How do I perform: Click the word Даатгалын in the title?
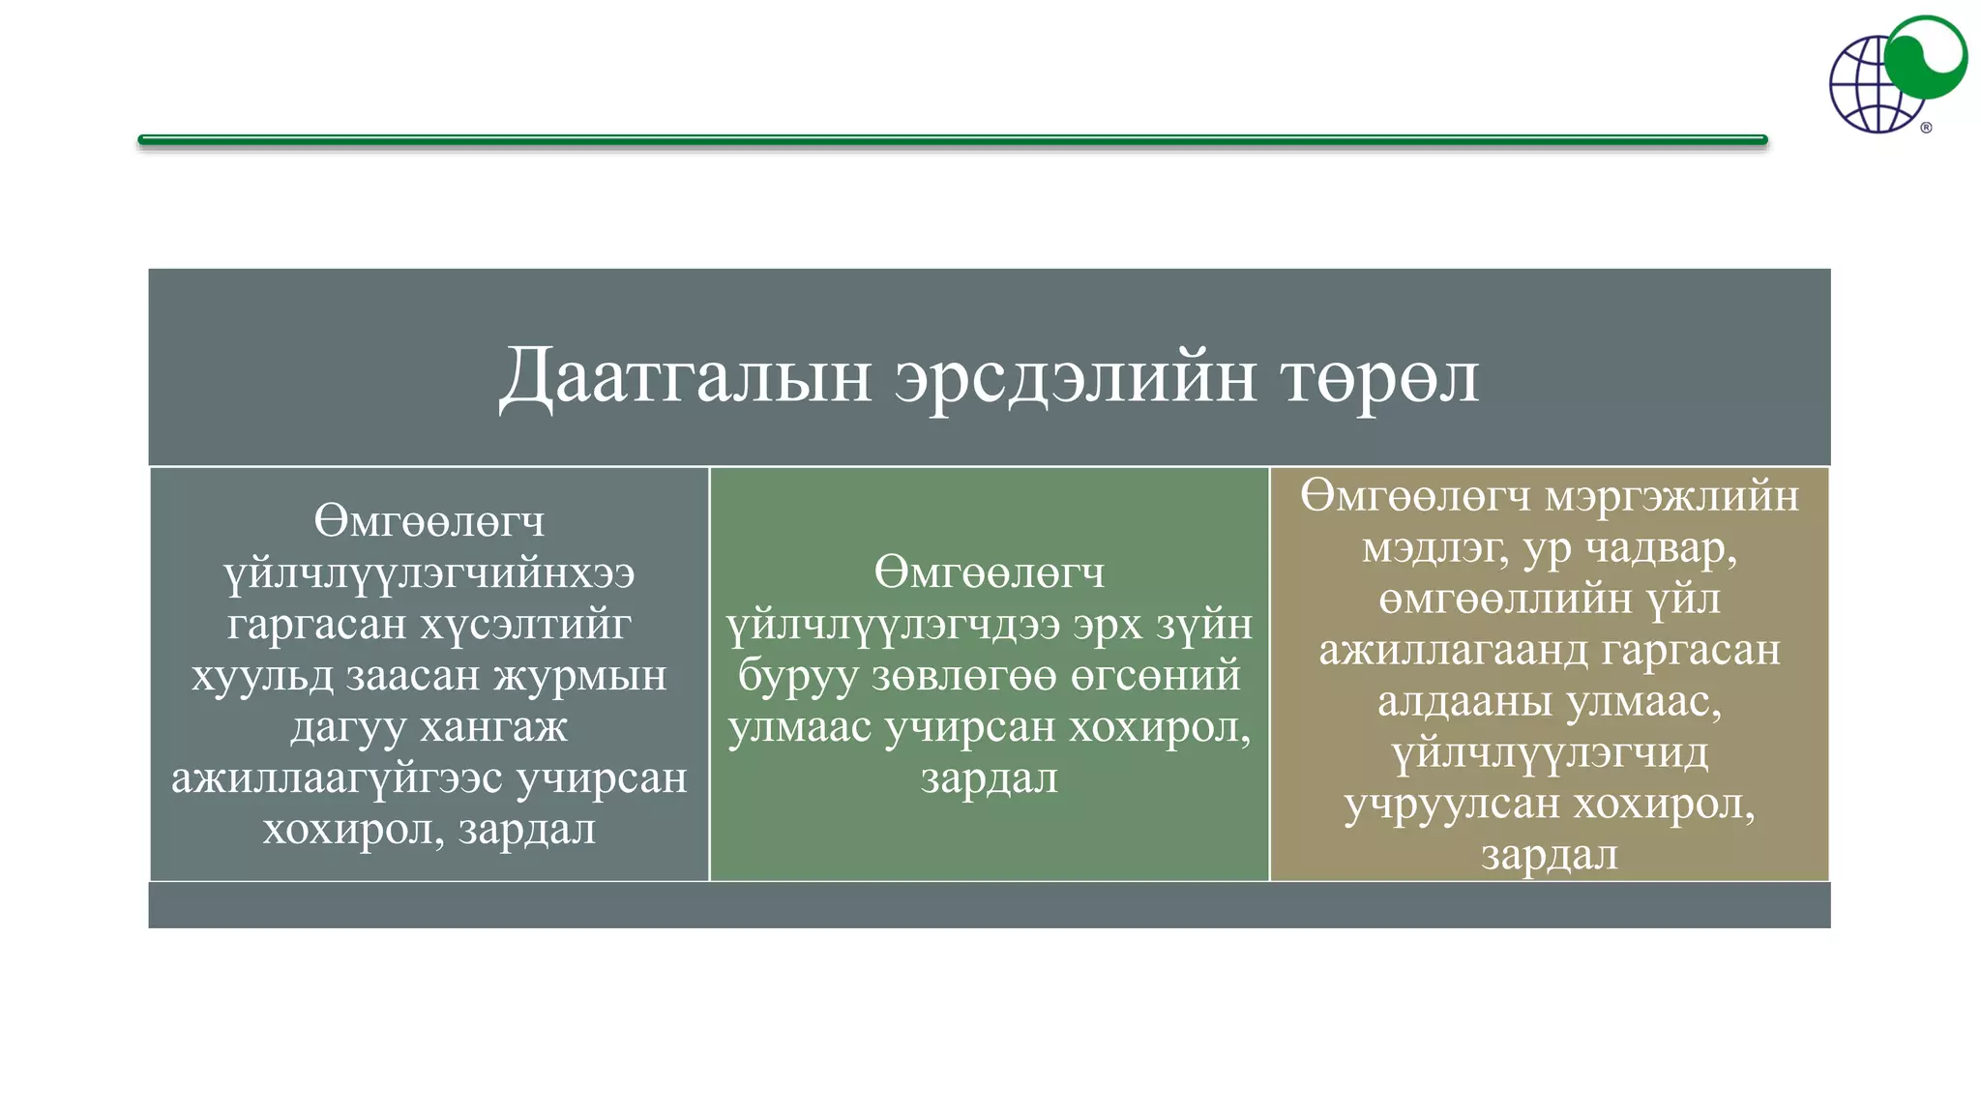click(x=685, y=377)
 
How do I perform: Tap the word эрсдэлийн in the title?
click(x=1075, y=377)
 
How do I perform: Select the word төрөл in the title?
click(x=1380, y=377)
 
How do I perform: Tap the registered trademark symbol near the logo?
click(x=1926, y=128)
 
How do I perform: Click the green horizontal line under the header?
click(x=952, y=140)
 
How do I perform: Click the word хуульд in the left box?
click(x=262, y=675)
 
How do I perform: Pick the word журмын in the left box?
click(x=580, y=675)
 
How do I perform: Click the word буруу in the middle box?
click(x=797, y=675)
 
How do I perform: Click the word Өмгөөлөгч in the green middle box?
click(x=989, y=572)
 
